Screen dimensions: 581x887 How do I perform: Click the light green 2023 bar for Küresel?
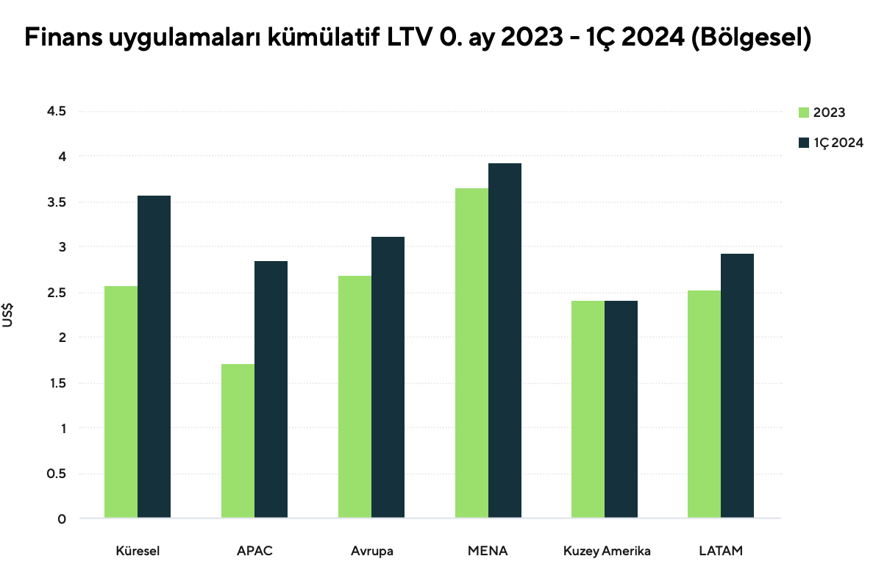point(121,402)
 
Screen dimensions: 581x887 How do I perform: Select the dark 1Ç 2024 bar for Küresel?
point(154,357)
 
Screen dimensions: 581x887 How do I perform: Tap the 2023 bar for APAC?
point(238,441)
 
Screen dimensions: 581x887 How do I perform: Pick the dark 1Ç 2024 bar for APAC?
point(271,389)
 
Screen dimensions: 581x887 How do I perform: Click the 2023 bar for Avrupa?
point(355,396)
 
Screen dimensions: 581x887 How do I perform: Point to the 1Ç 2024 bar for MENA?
point(505,341)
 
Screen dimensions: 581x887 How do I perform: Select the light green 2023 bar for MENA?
point(471,353)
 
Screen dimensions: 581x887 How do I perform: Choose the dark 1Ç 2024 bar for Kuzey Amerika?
point(621,409)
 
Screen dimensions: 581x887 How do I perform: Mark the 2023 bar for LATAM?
point(704,404)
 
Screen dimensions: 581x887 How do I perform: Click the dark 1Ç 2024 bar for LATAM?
point(737,385)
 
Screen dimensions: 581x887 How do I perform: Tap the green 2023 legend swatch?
point(804,113)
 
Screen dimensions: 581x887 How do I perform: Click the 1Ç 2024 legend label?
point(838,143)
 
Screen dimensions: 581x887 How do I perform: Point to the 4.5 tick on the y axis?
point(57,111)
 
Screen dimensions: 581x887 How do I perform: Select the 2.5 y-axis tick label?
point(57,293)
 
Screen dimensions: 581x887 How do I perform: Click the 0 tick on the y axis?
point(62,518)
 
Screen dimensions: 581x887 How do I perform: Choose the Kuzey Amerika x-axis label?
point(607,551)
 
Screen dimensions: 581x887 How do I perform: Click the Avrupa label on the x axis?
point(371,551)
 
